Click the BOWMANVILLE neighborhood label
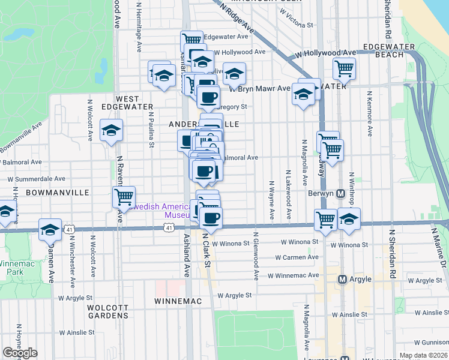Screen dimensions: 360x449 coord(57,193)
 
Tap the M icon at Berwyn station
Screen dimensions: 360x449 coord(340,194)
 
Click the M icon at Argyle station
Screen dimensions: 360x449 coord(343,279)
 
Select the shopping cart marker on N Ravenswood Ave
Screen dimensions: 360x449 coord(124,196)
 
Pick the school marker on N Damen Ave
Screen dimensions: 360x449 coord(50,229)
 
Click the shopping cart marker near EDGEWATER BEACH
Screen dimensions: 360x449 coord(344,68)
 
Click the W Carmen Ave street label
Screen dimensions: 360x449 coord(297,257)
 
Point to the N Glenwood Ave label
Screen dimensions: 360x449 coord(256,255)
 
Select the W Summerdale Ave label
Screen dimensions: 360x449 coord(36,179)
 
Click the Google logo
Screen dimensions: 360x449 coord(20,353)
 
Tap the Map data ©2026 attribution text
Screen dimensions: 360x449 coord(424,355)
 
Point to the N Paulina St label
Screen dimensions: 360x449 coord(151,127)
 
